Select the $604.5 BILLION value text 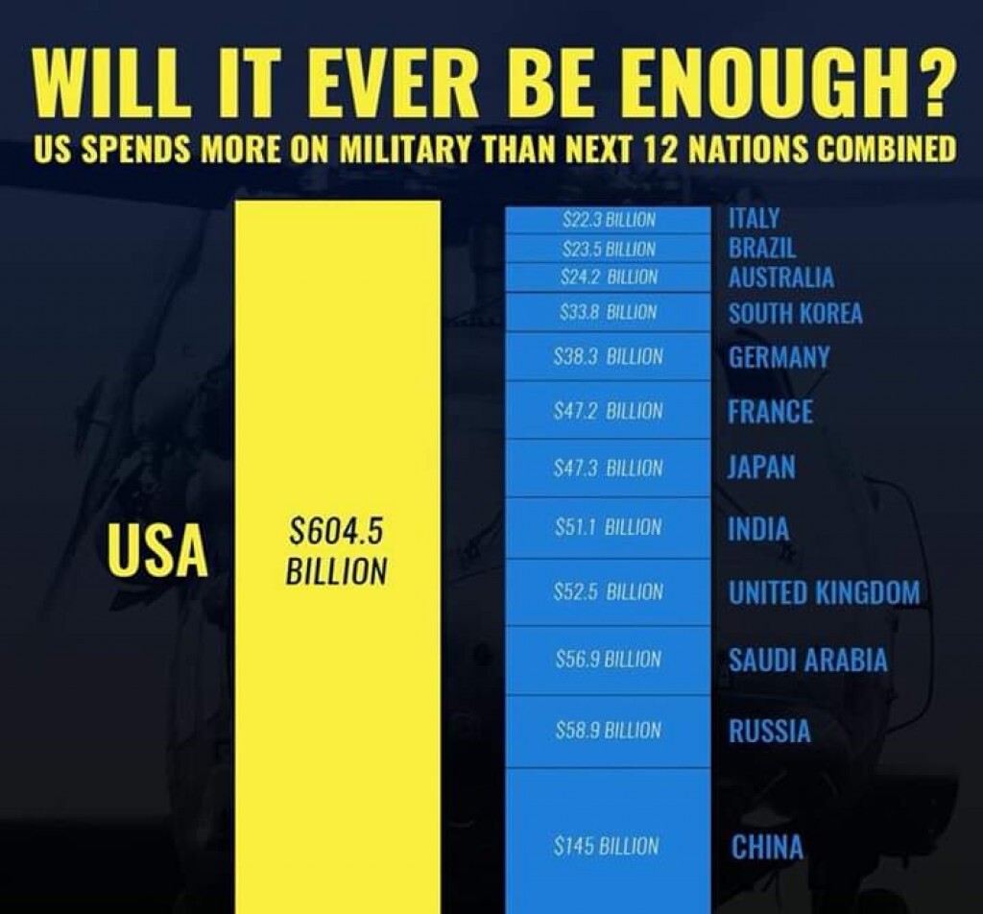(x=336, y=551)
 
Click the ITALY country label (x=755, y=219)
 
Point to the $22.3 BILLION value (x=609, y=220)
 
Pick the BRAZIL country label (x=762, y=248)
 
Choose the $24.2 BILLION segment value (x=609, y=277)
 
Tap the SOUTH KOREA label (x=795, y=313)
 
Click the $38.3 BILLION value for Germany (x=609, y=357)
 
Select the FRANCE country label (x=770, y=412)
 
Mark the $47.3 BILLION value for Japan (x=609, y=469)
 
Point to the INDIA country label (x=758, y=529)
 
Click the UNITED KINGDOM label (x=824, y=592)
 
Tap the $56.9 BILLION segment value (x=609, y=660)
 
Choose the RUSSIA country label (x=769, y=732)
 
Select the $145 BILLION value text (x=607, y=847)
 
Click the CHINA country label (x=767, y=848)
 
